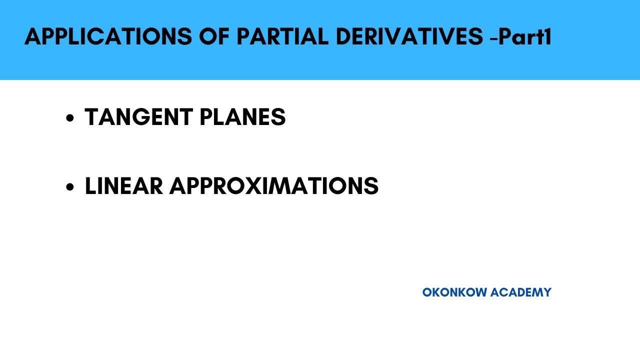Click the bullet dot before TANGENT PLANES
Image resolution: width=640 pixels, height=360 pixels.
click(70, 118)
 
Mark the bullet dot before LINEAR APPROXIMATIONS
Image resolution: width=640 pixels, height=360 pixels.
click(70, 187)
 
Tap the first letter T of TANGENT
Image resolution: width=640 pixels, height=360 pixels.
click(91, 117)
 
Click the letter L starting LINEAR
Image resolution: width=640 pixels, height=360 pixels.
click(90, 186)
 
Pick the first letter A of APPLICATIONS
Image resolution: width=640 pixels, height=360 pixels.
click(32, 37)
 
